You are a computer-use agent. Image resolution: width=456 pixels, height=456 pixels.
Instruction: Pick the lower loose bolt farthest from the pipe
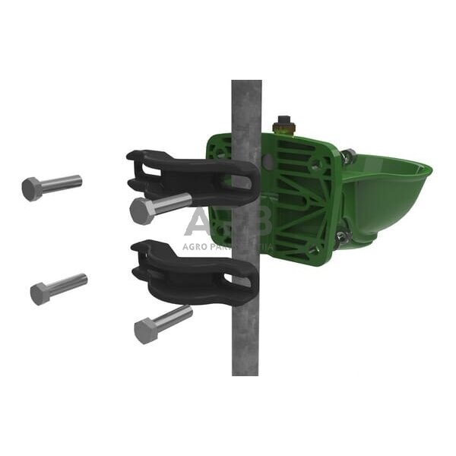(x=58, y=288)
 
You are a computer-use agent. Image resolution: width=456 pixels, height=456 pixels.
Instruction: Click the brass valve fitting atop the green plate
(x=285, y=125)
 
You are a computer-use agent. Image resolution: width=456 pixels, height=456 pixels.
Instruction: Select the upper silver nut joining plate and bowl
(x=348, y=157)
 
